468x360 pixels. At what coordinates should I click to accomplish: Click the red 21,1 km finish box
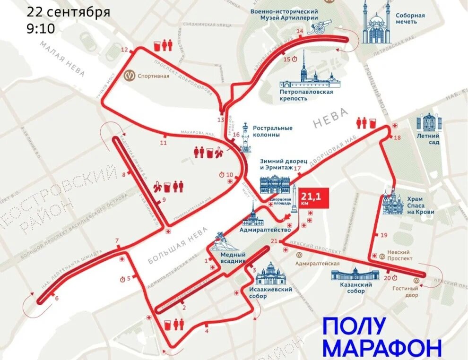pos(312,199)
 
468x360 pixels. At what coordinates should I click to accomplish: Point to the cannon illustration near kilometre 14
pos(318,28)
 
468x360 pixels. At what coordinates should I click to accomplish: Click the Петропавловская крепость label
pos(306,95)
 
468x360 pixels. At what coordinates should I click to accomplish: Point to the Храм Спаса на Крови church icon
pos(393,203)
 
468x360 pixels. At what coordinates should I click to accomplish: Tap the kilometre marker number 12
pos(124,50)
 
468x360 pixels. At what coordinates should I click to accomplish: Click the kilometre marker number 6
pos(57,298)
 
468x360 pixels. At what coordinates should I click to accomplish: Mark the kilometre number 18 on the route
pos(397,137)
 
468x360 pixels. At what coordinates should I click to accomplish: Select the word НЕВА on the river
pos(330,118)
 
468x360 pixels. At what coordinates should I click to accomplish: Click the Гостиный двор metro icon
pos(416,279)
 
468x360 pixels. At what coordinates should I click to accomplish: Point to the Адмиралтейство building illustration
pos(254,217)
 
